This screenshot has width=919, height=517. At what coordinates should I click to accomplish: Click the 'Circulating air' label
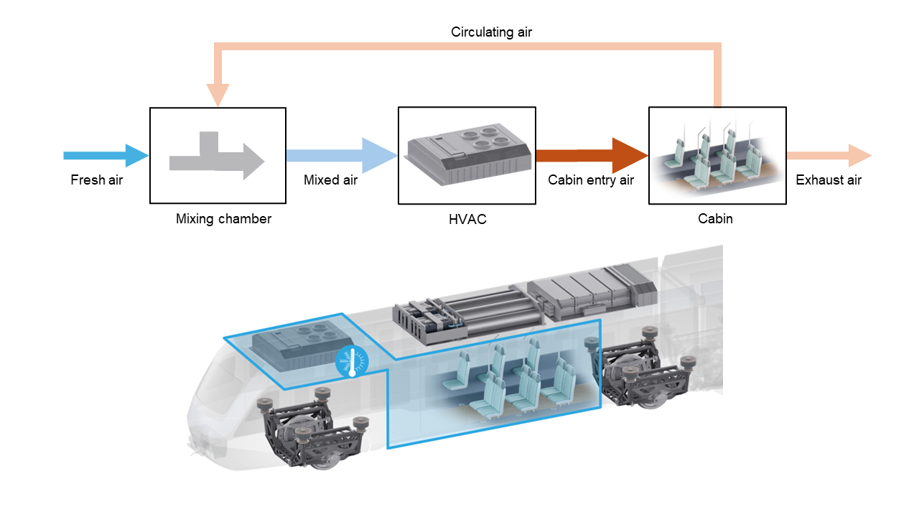(x=491, y=32)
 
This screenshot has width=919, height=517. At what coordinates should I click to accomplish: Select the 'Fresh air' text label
(x=96, y=180)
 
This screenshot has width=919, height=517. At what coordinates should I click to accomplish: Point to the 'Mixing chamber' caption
(x=223, y=219)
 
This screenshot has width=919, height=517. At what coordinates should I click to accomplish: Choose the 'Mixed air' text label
(x=330, y=180)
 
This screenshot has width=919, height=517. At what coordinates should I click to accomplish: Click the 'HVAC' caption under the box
(x=467, y=219)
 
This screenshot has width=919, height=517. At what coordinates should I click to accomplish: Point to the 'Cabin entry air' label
(x=591, y=180)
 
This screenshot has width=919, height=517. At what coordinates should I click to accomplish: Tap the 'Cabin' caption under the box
(x=716, y=219)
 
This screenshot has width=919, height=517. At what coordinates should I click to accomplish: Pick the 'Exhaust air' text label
(x=829, y=180)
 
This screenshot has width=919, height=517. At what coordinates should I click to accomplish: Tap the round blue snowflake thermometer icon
(x=352, y=362)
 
